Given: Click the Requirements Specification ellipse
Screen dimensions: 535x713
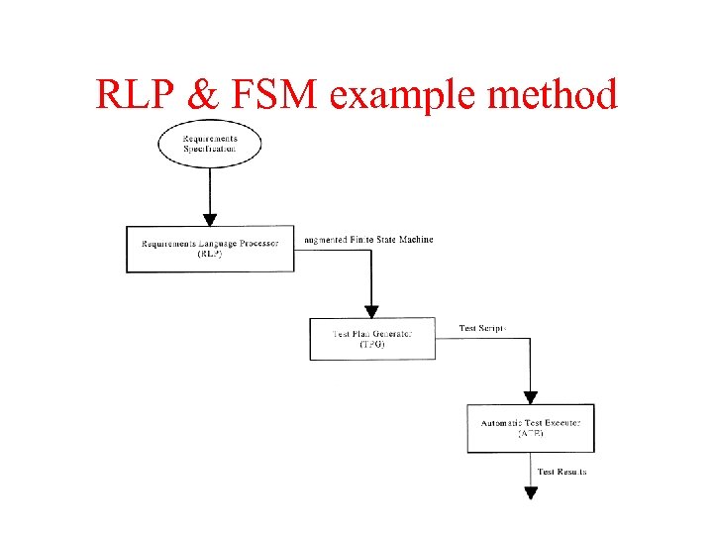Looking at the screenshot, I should click(x=210, y=144).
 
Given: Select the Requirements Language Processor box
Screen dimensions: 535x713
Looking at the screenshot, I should click(x=210, y=248).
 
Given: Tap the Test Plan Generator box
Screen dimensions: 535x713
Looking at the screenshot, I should click(x=372, y=338).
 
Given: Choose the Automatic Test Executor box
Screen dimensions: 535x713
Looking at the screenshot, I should click(x=531, y=428).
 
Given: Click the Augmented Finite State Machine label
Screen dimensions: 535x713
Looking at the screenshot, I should click(x=369, y=240).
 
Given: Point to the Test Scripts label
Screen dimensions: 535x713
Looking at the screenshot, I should click(x=483, y=328).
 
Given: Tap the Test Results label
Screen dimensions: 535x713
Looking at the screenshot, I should click(x=561, y=472).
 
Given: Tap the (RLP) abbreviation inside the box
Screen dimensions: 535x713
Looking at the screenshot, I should click(x=210, y=254).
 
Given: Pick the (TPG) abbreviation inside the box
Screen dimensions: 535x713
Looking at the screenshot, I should click(x=372, y=344).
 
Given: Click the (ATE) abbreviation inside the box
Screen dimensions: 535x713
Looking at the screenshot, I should click(x=531, y=434).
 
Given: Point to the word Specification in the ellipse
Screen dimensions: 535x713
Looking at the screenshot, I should click(x=210, y=149).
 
